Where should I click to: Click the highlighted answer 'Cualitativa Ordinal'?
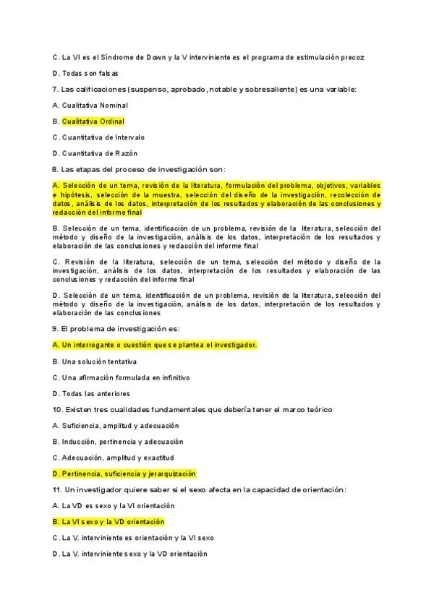pos(93,121)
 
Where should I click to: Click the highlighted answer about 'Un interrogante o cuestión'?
pos(155,345)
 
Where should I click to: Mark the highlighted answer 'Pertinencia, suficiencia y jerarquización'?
pos(124,473)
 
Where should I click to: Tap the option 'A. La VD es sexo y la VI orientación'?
pos(114,506)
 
